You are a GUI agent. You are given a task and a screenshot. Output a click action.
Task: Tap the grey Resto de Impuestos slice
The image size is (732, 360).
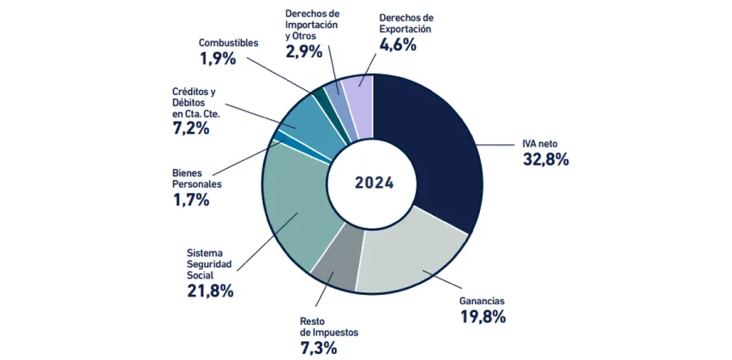click(335, 266)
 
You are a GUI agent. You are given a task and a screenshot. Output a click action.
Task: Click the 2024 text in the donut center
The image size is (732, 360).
click(374, 183)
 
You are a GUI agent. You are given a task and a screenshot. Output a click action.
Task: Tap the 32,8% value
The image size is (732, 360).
click(546, 159)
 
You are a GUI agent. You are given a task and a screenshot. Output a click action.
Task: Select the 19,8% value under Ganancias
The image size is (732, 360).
click(483, 317)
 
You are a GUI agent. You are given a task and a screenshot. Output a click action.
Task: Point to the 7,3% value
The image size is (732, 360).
click(319, 347)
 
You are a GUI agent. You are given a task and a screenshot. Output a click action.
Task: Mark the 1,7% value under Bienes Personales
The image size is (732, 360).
click(191, 201)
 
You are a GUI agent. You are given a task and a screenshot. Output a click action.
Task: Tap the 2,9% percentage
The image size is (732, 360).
click(303, 51)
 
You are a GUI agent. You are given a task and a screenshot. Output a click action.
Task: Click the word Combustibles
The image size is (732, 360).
click(228, 42)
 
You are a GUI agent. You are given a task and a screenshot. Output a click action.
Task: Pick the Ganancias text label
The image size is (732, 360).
click(483, 301)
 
